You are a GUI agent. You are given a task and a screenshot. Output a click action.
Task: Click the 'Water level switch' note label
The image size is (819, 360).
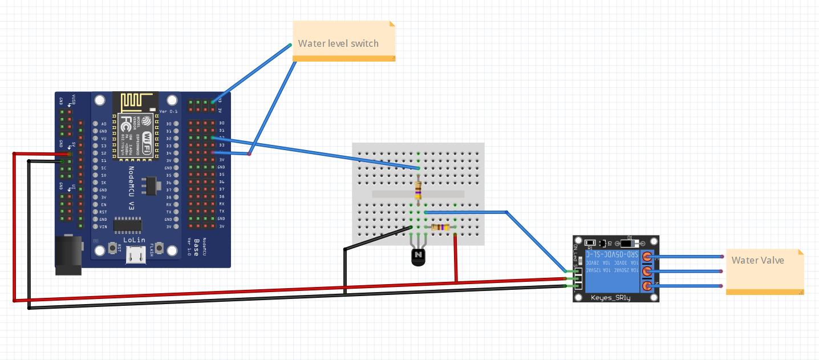click(338, 43)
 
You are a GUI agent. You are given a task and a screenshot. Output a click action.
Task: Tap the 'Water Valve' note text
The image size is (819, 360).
click(757, 260)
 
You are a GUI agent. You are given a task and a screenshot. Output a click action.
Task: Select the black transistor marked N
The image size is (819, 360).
click(419, 256)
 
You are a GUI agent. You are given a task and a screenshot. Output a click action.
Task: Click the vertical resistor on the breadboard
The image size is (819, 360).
click(419, 189)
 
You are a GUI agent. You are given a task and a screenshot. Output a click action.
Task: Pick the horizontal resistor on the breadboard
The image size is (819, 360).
click(440, 228)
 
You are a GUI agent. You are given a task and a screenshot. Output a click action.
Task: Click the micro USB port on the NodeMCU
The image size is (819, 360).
click(136, 257)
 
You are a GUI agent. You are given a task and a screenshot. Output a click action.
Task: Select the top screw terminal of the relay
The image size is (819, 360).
click(647, 257)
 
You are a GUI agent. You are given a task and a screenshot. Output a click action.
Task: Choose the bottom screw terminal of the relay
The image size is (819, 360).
click(647, 286)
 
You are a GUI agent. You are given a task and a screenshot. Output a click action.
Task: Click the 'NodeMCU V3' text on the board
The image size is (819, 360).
click(131, 189)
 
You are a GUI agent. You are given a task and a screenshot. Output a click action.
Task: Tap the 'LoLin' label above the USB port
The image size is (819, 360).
click(135, 240)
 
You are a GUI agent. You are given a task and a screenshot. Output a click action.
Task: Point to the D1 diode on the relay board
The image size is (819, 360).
click(630, 240)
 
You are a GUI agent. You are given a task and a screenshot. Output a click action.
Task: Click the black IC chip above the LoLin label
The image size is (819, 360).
click(128, 225)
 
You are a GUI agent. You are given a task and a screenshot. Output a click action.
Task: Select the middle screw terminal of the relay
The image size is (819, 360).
click(647, 271)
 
